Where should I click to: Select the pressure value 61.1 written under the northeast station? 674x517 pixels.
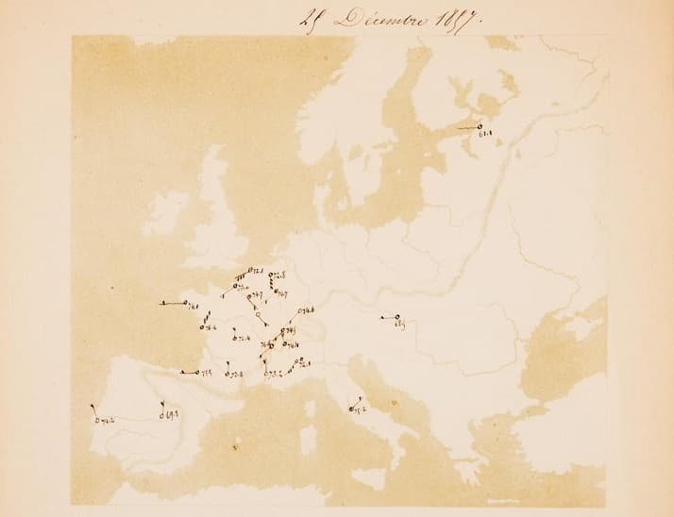click(487, 138)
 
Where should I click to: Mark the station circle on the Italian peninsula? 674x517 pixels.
click(350, 409)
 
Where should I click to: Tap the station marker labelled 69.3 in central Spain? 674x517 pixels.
click(161, 412)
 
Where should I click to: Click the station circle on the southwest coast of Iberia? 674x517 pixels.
click(97, 418)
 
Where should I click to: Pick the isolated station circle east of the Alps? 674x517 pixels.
click(397, 317)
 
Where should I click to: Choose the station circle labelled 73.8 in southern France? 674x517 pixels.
click(228, 374)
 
